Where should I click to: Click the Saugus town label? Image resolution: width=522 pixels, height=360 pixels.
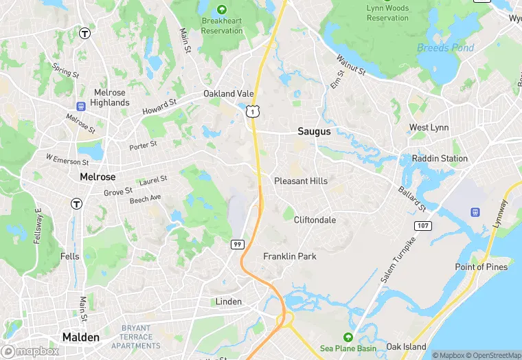(314, 131)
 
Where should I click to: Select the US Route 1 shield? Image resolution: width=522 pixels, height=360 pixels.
(254, 111)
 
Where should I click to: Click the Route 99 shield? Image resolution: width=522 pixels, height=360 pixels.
(237, 244)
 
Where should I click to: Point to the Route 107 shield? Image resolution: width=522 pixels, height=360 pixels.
(423, 225)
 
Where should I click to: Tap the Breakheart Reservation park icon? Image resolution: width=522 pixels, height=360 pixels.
(222, 10)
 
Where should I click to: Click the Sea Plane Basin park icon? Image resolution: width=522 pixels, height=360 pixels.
(348, 337)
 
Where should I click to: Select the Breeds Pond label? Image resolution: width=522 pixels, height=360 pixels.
(445, 47)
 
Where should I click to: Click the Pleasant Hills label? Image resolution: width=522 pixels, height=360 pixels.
(301, 181)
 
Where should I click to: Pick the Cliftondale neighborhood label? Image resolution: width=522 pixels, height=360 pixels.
(315, 220)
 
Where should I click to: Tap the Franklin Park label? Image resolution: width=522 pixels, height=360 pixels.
(290, 256)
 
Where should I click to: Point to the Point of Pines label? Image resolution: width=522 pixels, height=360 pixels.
(481, 267)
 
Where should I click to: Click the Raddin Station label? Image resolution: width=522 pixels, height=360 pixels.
(440, 159)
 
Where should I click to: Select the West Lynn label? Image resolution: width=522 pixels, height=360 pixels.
(429, 128)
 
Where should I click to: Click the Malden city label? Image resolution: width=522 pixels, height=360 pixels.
(81, 337)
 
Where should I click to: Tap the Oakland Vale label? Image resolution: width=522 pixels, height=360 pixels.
(229, 93)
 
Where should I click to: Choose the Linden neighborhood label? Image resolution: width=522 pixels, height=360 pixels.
(229, 302)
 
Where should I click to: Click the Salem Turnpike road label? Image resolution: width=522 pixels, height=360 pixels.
(399, 261)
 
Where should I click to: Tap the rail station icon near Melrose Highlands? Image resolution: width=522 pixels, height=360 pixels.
(80, 106)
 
